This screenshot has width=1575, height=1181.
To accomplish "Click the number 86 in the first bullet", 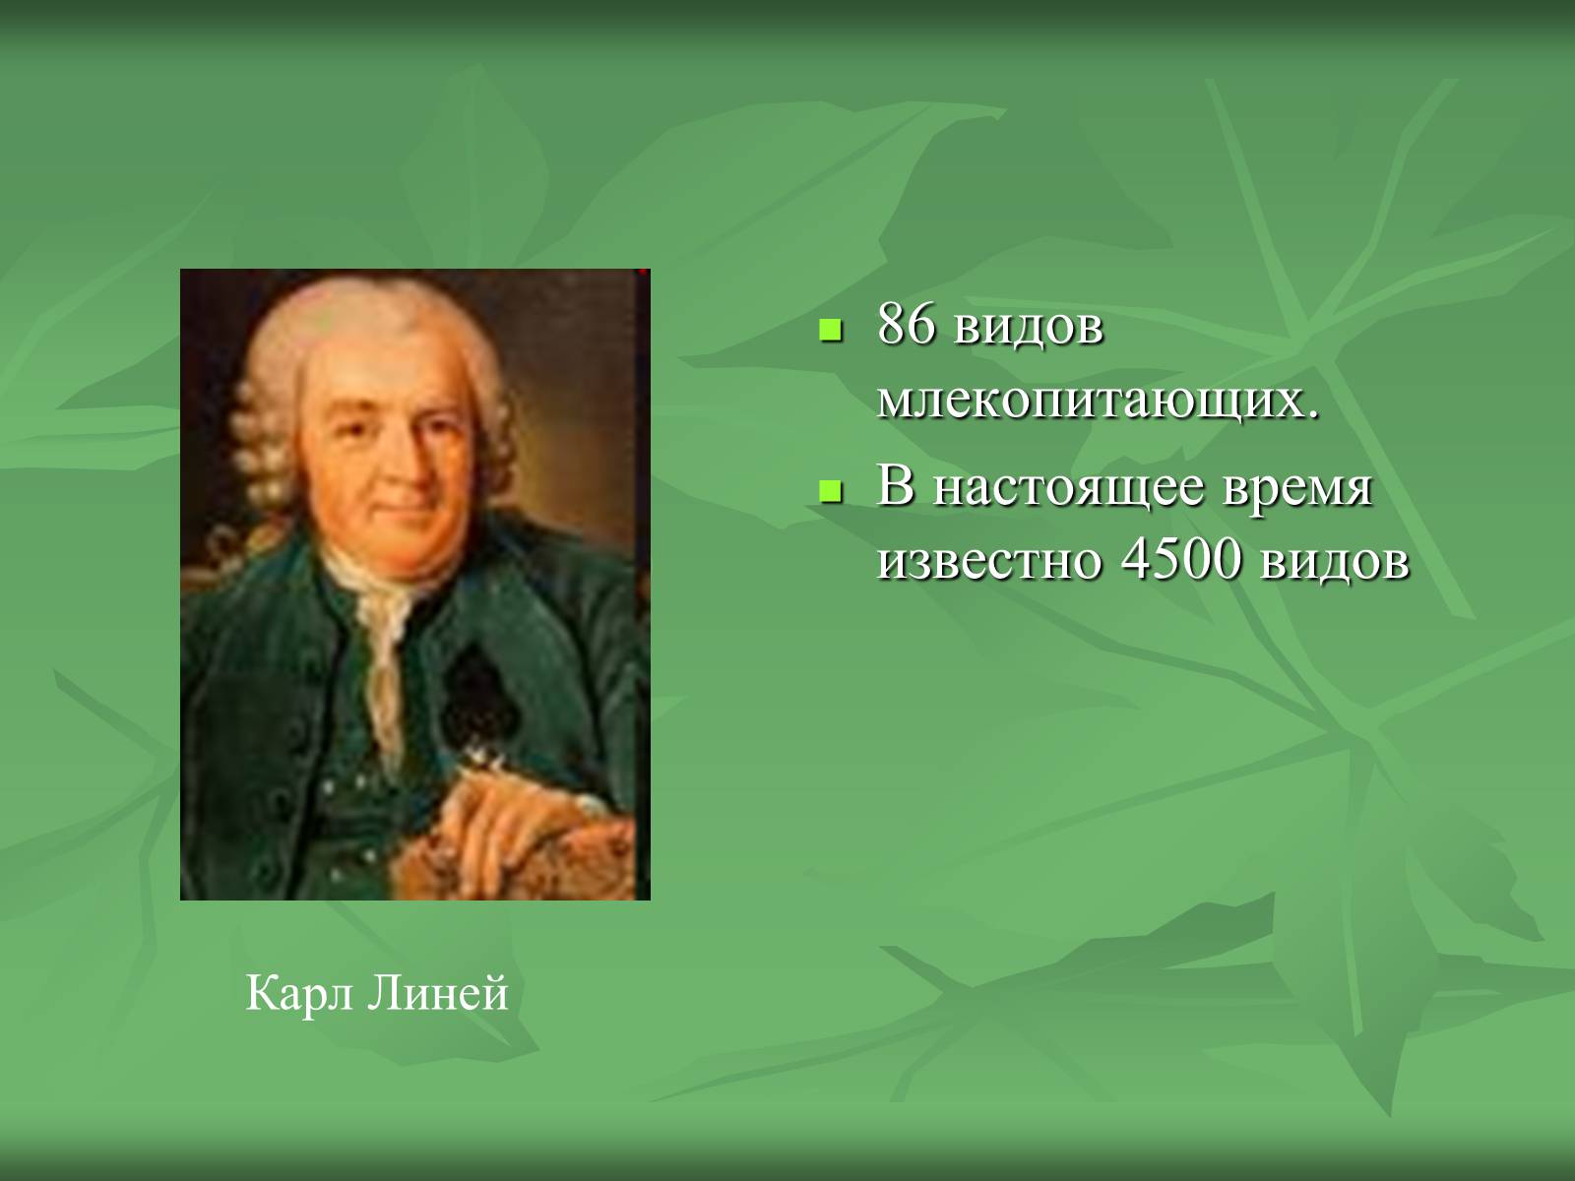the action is [907, 325].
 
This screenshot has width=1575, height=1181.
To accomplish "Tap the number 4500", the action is [1180, 559].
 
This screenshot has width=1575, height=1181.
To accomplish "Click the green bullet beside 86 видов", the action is [830, 331].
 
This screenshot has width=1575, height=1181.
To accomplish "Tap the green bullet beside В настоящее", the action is [830, 491].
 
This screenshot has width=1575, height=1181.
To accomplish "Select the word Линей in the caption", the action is [438, 994].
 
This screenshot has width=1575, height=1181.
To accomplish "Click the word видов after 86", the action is [1029, 329].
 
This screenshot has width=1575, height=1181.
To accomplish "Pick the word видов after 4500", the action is [1334, 563].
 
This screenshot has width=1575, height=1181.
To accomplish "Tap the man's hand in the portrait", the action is [495, 819].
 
